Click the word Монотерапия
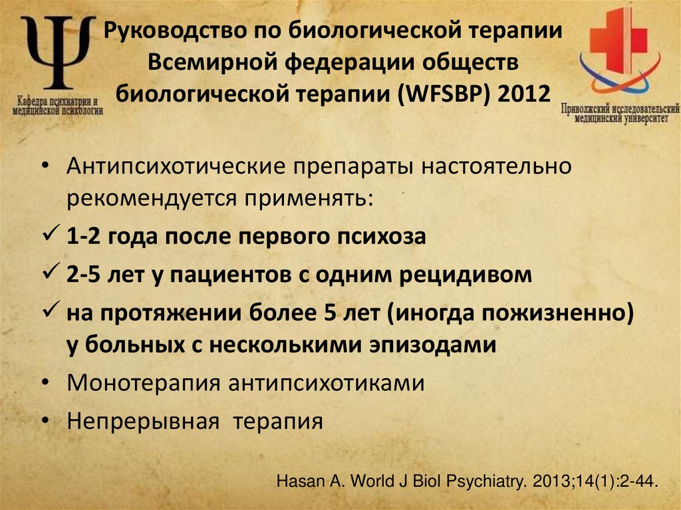pos(143,384)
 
